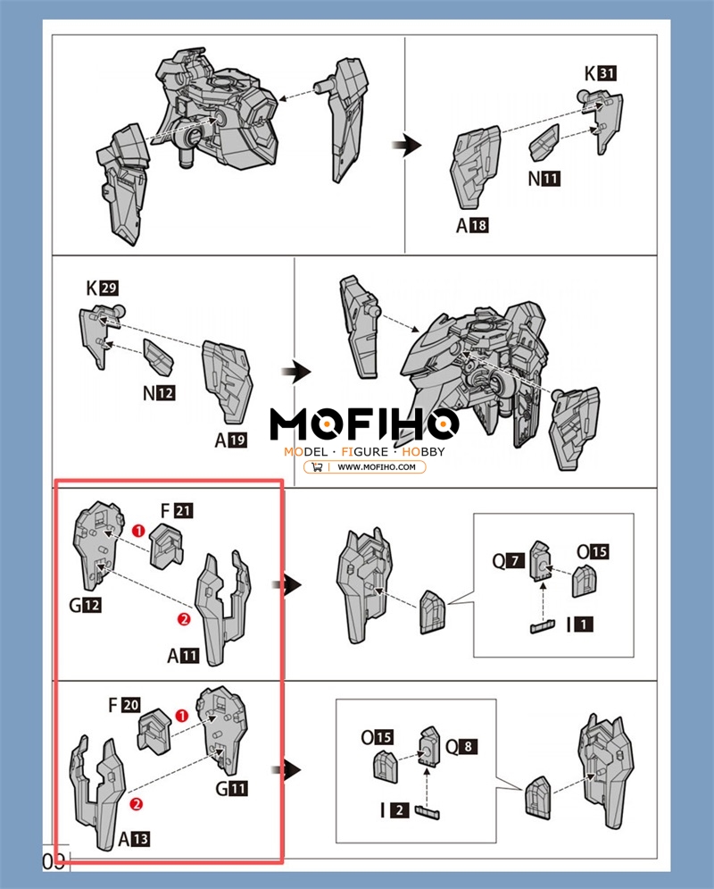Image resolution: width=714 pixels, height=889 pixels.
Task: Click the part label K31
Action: [x=600, y=73]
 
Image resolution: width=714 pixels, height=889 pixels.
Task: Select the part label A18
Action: [x=472, y=225]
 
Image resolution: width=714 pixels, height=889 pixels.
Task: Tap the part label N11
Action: [x=544, y=179]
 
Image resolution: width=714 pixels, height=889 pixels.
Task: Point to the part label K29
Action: [x=102, y=288]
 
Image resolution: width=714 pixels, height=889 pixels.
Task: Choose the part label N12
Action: [x=159, y=392]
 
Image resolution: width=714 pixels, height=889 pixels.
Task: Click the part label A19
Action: [x=231, y=440]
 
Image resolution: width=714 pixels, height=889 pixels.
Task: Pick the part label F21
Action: [x=177, y=511]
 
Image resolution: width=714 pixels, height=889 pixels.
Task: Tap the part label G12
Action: [x=86, y=605]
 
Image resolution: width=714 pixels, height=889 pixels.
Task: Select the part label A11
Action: [x=183, y=656]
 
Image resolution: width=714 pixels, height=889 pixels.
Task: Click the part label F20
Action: [x=124, y=705]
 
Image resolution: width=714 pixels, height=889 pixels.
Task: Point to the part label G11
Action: [x=231, y=788]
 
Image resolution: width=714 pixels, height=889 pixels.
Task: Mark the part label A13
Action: [x=134, y=839]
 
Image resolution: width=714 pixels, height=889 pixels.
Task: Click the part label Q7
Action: [x=509, y=561]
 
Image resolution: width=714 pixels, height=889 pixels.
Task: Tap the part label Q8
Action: [x=461, y=747]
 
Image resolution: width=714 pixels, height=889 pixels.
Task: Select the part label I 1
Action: [x=579, y=625]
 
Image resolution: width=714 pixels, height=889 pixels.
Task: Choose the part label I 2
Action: [x=394, y=810]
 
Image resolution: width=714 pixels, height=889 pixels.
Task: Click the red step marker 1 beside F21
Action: [x=138, y=531]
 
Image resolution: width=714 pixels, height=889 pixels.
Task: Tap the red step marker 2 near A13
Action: [x=136, y=803]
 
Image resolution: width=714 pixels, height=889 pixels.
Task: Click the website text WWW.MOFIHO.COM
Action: [x=377, y=467]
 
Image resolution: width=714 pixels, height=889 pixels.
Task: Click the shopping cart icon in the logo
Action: [x=317, y=467]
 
